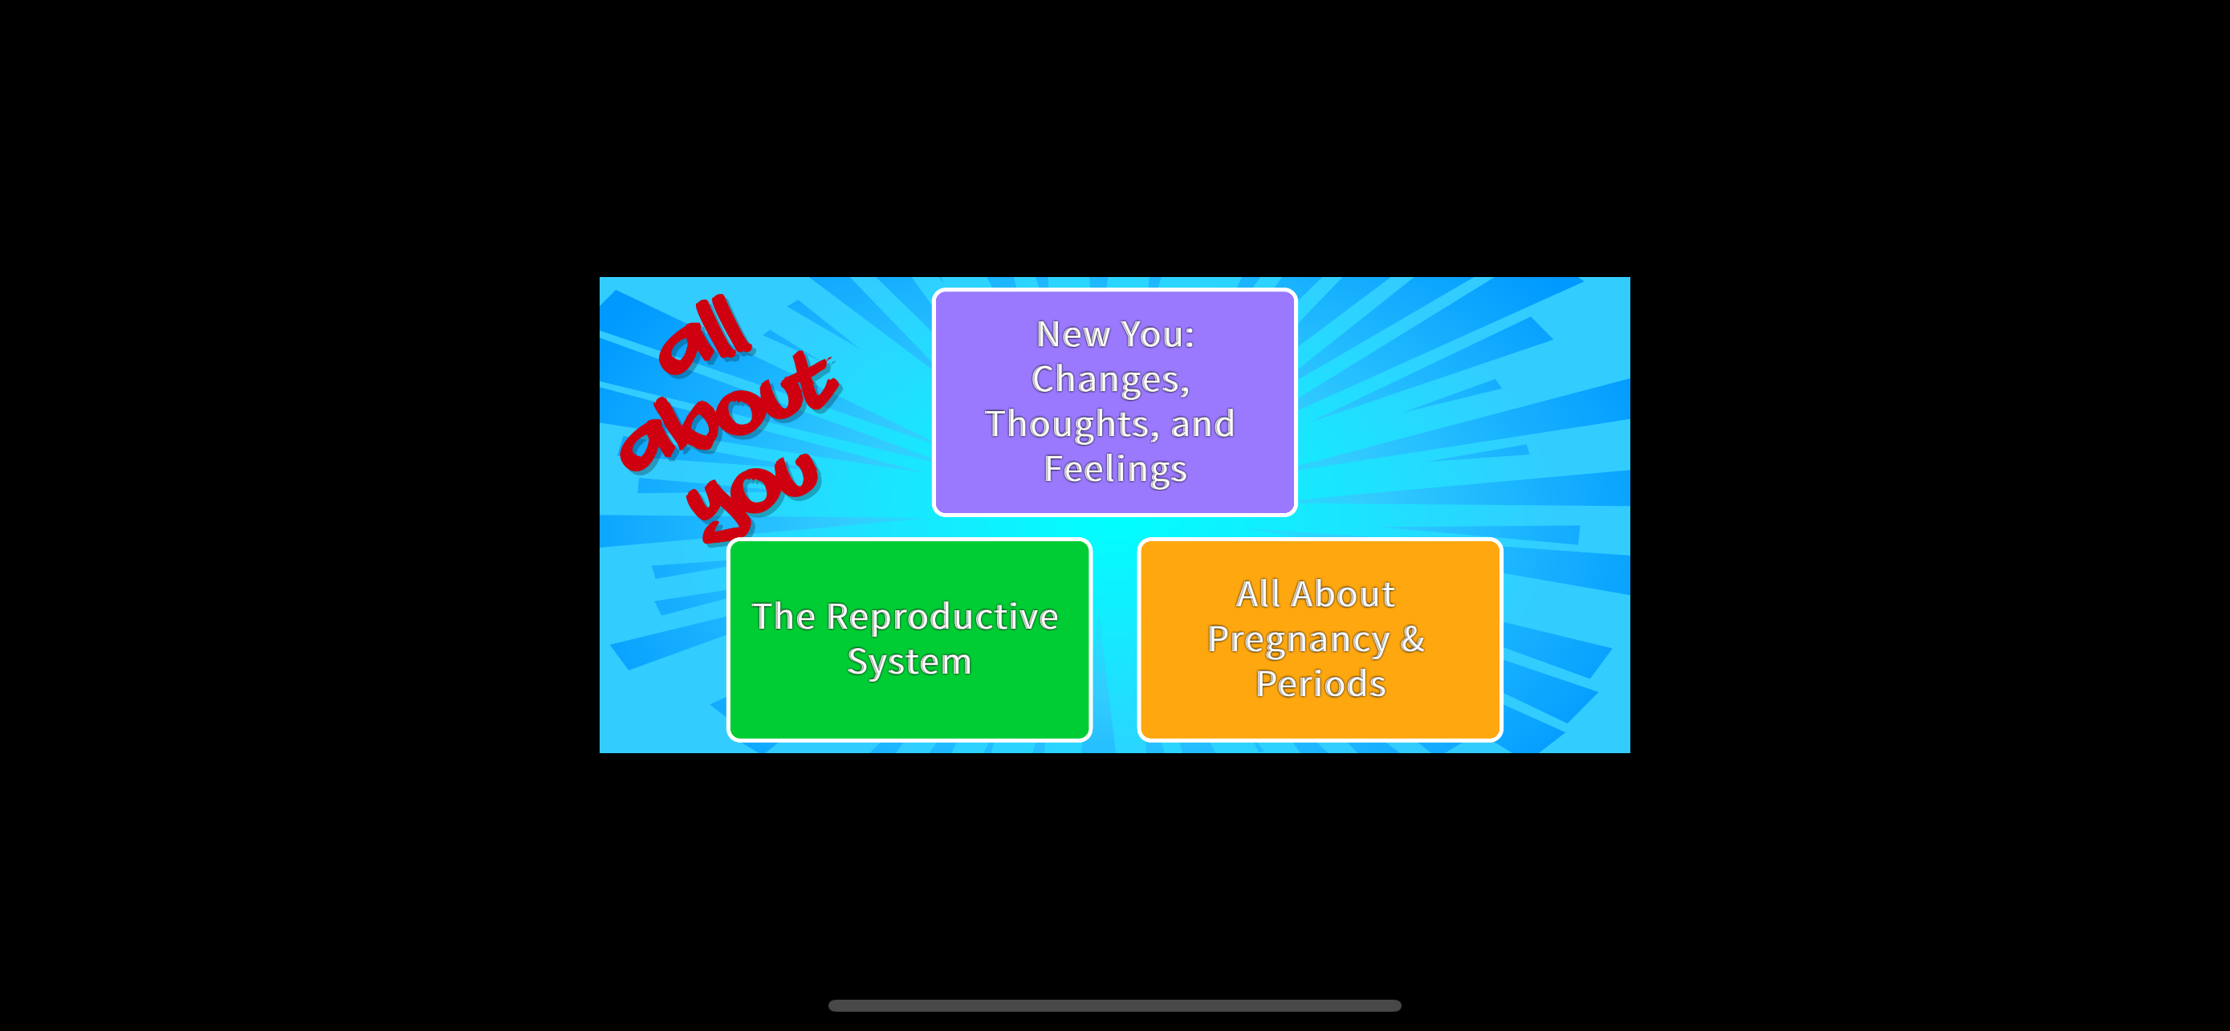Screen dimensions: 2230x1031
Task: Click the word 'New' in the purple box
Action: click(1073, 334)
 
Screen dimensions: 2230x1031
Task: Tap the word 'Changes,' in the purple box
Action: click(1111, 381)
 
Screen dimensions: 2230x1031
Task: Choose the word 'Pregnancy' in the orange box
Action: click(1299, 641)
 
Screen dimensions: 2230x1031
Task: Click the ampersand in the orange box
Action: click(1413, 639)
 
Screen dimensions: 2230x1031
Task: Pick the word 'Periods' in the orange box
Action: click(1321, 684)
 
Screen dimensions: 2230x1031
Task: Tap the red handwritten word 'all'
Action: click(705, 336)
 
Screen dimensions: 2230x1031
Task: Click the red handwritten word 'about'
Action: click(729, 412)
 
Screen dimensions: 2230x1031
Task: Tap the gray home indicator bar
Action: click(1115, 1006)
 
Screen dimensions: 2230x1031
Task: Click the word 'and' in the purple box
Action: click(1202, 424)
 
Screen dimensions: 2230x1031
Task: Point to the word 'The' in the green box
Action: click(784, 617)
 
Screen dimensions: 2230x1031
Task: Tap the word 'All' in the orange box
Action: click(1258, 595)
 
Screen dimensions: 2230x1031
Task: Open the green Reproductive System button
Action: click(909, 640)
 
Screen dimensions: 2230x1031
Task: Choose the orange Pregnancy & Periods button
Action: click(1321, 640)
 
